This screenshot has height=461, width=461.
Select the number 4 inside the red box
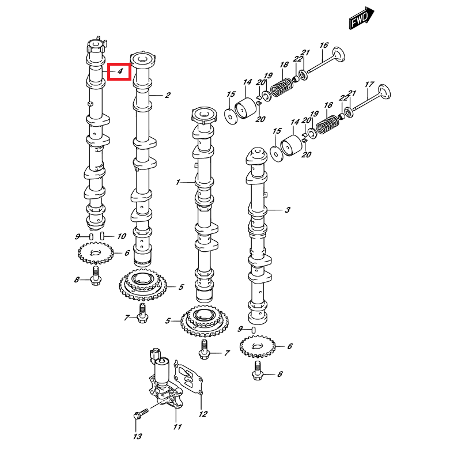coord(120,71)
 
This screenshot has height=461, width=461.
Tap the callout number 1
coord(179,182)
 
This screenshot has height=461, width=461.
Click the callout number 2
coord(168,95)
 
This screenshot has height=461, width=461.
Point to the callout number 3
coord(287,211)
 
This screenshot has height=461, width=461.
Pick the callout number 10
coord(122,236)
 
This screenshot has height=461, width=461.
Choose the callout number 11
coord(177,427)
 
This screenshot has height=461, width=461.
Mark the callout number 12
coord(203,414)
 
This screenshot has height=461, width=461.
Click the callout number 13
coord(137,437)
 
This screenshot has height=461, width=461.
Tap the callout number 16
coord(324,46)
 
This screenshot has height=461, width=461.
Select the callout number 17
coord(369,84)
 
